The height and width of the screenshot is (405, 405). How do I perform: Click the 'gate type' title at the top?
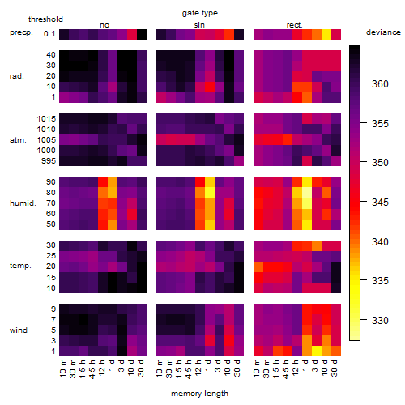click(x=200, y=13)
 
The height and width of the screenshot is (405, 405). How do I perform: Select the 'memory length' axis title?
click(x=199, y=394)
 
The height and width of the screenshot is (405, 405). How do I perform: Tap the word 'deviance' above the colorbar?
click(x=383, y=32)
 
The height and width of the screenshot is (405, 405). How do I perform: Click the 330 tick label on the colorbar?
click(x=380, y=321)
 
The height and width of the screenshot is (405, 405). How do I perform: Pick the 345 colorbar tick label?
click(x=380, y=202)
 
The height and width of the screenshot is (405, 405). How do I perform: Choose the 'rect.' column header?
click(x=295, y=25)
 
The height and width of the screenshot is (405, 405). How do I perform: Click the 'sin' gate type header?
click(x=199, y=25)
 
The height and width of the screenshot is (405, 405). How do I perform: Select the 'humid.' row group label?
click(x=23, y=203)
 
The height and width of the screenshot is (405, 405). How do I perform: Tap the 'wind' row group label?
click(x=19, y=330)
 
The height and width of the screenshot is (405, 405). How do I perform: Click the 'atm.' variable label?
click(x=18, y=140)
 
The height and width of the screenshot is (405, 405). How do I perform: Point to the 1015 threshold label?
click(x=46, y=119)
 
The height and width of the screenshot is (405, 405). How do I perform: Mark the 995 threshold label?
click(x=49, y=161)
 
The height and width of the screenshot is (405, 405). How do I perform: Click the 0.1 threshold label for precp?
click(x=49, y=34)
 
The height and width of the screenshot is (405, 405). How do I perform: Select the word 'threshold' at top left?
click(x=45, y=19)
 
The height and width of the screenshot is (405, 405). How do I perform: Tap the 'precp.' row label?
click(x=21, y=32)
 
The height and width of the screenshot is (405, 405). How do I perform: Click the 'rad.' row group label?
click(x=17, y=76)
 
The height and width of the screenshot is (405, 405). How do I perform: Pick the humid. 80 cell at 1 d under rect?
click(x=307, y=193)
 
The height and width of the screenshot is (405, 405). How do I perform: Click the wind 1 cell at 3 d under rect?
click(x=317, y=351)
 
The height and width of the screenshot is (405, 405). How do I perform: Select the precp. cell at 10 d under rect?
click(x=326, y=34)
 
